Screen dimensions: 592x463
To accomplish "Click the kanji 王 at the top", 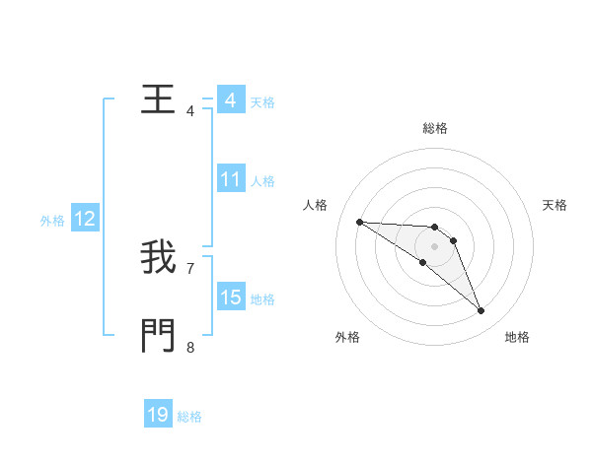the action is (x=158, y=100).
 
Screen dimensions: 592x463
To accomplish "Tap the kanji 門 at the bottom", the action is (x=158, y=337).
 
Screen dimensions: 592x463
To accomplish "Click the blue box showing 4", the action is (x=230, y=100).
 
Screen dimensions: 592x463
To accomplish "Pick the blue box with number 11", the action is (x=230, y=179).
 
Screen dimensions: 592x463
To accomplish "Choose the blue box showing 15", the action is (x=230, y=298).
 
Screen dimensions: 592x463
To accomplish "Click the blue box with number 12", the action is (x=84, y=219).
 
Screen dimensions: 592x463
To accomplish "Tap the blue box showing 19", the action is (x=158, y=415).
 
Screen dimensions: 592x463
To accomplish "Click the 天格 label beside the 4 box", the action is (x=262, y=102).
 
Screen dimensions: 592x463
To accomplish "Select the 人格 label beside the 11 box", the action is (x=262, y=181).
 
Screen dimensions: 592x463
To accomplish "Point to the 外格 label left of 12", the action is (x=52, y=221).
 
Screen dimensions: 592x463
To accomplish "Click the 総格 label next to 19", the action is (x=189, y=417).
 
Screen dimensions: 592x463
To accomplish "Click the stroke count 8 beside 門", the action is (x=190, y=346).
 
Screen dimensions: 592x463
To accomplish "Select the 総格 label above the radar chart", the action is (x=434, y=128).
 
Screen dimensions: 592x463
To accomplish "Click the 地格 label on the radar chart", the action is (x=517, y=337).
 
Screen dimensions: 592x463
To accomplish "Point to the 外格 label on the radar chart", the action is (x=347, y=337).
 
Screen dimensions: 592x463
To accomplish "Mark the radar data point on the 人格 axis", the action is (x=359, y=222).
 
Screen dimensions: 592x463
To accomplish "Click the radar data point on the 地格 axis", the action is (x=481, y=311).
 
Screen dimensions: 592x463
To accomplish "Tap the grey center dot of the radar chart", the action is (x=434, y=246).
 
